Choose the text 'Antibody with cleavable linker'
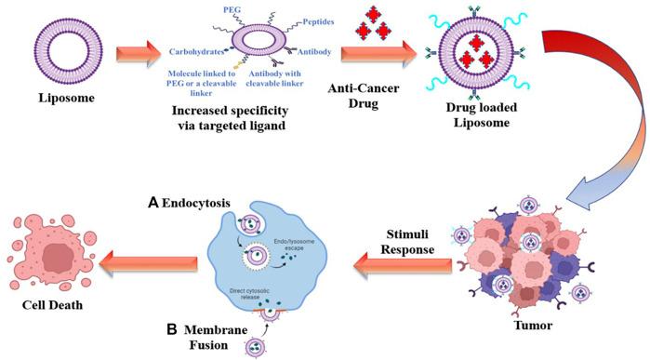click(x=296, y=80)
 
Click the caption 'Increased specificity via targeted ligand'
click(x=253, y=119)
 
